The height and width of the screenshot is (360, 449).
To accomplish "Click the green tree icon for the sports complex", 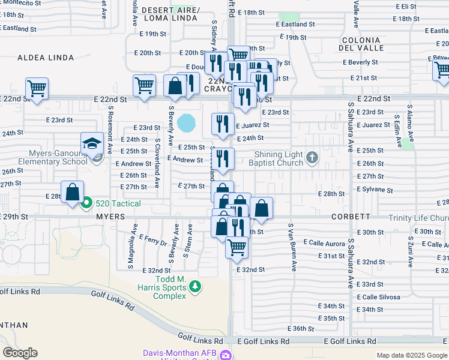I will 194,287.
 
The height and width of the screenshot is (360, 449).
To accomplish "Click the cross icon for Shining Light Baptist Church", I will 312,158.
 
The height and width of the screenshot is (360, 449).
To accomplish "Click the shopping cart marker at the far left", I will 37,89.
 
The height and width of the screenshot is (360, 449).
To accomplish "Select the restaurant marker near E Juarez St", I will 223,124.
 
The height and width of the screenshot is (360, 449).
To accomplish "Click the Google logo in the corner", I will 20,353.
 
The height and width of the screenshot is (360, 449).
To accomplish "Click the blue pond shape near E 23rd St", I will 187,123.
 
